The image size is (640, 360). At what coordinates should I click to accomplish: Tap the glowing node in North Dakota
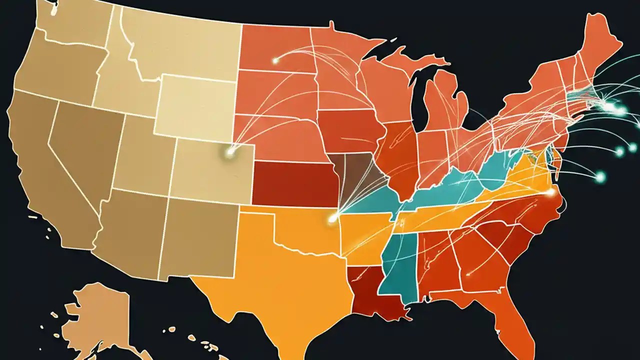tap(275, 61)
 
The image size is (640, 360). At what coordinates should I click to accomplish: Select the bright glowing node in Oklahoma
tap(331, 218)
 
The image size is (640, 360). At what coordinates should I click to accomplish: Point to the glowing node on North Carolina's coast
tap(551, 192)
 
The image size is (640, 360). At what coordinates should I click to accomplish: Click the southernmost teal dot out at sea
tap(599, 175)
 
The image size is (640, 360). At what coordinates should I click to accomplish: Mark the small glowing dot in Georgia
tap(468, 273)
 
